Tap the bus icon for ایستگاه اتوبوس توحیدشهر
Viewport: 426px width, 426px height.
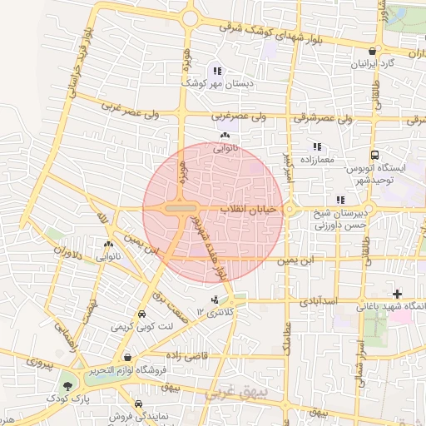tap(374, 155)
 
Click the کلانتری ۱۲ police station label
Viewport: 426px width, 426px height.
tap(216, 311)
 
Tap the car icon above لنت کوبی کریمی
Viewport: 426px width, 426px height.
tap(143, 315)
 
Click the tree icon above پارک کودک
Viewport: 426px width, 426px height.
tap(67, 386)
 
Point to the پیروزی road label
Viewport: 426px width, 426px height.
tap(38, 362)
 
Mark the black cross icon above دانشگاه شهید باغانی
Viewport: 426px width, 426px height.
tap(397, 294)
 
